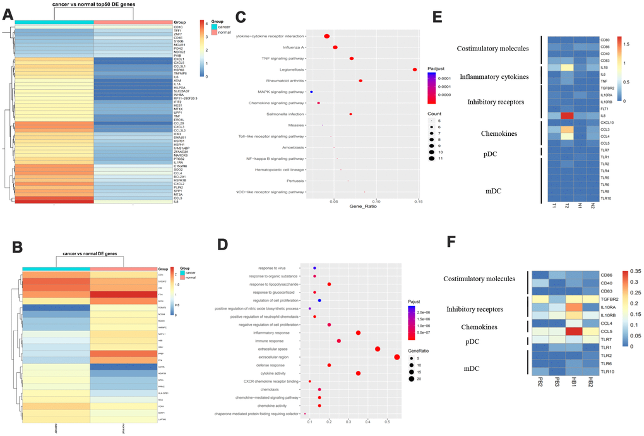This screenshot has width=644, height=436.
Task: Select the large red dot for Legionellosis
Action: point(414,70)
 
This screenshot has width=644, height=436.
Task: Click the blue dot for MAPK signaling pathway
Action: point(311,92)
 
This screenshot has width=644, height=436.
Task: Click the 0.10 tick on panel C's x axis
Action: point(376,202)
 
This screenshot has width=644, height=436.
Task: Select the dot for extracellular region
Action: point(397,357)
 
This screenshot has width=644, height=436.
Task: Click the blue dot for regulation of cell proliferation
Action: point(320,301)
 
